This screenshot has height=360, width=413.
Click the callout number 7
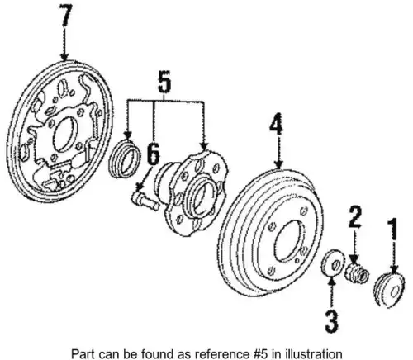pyautogui.click(x=65, y=16)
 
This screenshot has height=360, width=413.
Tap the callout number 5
pyautogui.click(x=164, y=81)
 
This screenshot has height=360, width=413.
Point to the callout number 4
pyautogui.click(x=277, y=125)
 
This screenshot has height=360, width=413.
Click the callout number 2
pyautogui.click(x=355, y=217)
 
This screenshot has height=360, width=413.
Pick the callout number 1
pyautogui.click(x=394, y=230)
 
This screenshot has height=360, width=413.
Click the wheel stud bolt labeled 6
pyautogui.click(x=145, y=201)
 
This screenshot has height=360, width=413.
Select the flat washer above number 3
pyautogui.click(x=333, y=263)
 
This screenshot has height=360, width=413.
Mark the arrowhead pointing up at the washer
pyautogui.click(x=332, y=282)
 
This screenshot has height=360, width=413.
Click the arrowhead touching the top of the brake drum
pyautogui.click(x=279, y=164)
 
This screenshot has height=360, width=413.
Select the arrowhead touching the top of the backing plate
pyautogui.click(x=64, y=57)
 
